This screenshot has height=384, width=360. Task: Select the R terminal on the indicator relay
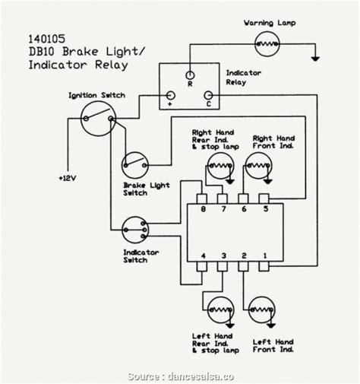point(190,75)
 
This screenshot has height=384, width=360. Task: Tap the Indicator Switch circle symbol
point(134,227)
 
